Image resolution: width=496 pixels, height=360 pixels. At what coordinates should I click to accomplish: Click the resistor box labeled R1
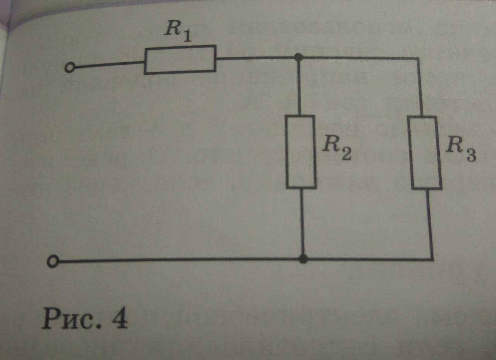(x=180, y=59)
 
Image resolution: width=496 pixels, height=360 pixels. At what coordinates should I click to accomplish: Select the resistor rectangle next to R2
(x=301, y=152)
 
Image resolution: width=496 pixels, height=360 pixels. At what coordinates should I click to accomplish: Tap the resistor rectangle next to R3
(x=426, y=153)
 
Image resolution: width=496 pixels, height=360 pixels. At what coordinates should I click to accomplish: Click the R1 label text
(x=176, y=30)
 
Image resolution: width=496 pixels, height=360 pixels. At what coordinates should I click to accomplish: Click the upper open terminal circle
(x=69, y=69)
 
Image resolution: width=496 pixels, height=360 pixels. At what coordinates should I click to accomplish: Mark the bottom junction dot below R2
(x=304, y=259)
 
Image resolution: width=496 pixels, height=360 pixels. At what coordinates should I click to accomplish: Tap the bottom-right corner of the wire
(x=432, y=259)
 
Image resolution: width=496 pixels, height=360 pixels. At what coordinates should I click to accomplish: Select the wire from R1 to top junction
(x=256, y=59)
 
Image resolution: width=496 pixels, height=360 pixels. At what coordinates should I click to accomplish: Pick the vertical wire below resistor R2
(x=302, y=223)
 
